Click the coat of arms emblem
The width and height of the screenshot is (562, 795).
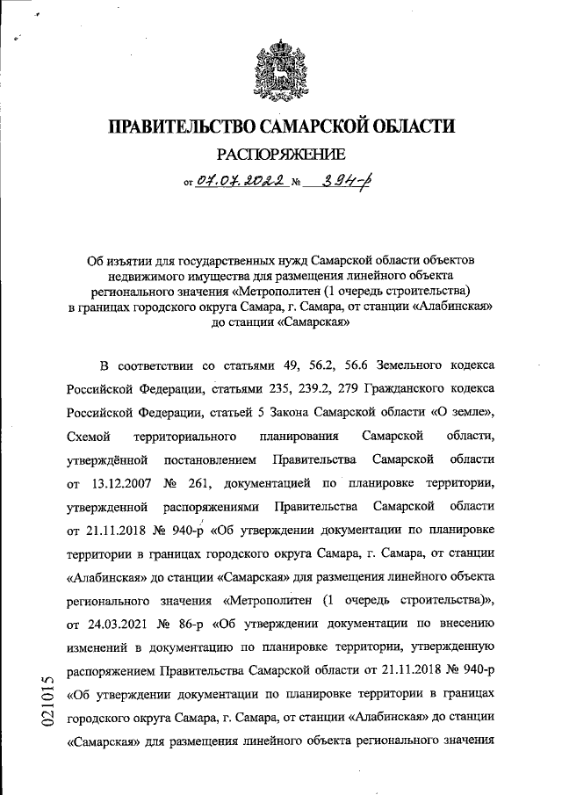pos(280,67)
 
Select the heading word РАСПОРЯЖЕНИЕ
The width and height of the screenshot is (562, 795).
pos(280,157)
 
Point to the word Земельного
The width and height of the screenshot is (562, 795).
pos(405,388)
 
